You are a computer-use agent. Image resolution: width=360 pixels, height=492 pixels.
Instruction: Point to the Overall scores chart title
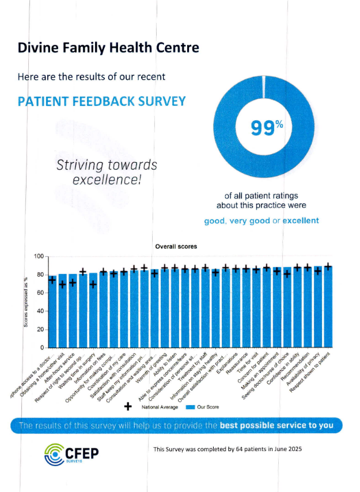tap(176, 246)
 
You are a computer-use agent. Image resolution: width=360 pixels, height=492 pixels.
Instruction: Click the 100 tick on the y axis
tap(39, 257)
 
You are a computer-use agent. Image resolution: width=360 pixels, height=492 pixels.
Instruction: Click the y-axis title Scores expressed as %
tap(26, 302)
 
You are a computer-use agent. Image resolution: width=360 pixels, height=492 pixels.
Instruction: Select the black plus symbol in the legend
tap(128, 407)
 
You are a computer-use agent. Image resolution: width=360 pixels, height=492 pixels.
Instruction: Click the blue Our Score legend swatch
tap(191, 407)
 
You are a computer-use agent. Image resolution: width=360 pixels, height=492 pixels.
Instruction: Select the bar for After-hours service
tap(73, 311)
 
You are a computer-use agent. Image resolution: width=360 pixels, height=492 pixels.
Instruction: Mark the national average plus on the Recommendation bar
tap(308, 268)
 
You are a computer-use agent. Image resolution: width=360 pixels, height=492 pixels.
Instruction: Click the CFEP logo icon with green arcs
tap(56, 453)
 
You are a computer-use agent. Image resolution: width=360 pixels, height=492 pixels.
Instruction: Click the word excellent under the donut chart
tap(301, 220)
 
